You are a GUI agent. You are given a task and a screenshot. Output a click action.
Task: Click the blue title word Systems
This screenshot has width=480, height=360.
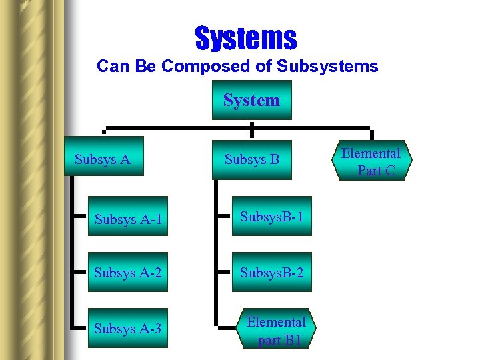coord(245,38)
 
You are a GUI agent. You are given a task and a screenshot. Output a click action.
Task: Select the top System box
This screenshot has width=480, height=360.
coord(251,100)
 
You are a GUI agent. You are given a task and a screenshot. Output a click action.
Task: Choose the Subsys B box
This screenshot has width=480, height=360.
coord(251,159)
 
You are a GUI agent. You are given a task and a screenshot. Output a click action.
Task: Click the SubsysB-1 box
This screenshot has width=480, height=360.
coord(272,217)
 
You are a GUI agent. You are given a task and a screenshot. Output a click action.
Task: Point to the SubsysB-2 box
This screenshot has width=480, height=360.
coord(272,273)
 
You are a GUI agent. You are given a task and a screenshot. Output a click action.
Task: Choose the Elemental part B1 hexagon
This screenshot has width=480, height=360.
coord(276,331)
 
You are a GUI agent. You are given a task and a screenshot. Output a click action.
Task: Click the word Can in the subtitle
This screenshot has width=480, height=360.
coord(111,67)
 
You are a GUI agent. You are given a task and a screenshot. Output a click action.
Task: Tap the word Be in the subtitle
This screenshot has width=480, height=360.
coord(143,67)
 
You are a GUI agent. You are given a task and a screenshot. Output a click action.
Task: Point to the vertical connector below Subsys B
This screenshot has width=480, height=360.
coord(216,253)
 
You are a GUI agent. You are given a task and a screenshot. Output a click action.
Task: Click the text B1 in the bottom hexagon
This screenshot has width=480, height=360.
coord(294,340)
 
